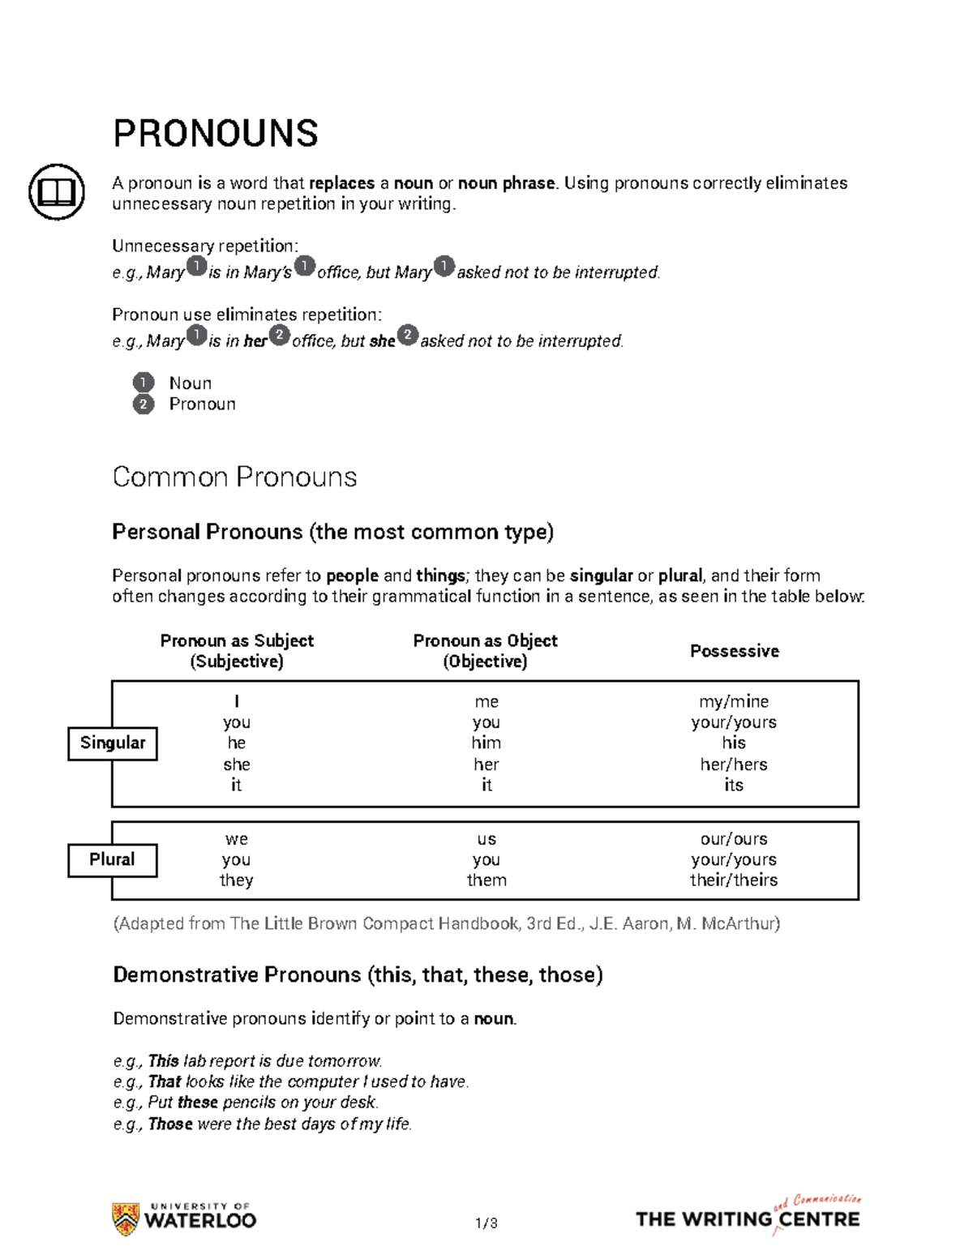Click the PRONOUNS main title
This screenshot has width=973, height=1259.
(216, 134)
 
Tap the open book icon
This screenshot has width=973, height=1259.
(57, 192)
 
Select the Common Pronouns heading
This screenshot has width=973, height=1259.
(234, 477)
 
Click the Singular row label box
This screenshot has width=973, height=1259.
(112, 743)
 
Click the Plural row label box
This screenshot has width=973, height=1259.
(112, 860)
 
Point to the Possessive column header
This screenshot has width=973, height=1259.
(734, 651)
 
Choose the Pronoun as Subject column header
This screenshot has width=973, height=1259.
(237, 651)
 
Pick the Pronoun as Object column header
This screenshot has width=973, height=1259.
(485, 651)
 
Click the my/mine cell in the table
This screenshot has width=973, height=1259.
(734, 701)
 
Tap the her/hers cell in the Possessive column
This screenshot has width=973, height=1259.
(734, 764)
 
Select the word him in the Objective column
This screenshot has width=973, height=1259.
(486, 743)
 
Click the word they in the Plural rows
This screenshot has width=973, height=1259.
(236, 880)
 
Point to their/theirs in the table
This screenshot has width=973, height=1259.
(734, 880)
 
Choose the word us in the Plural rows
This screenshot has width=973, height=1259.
(486, 839)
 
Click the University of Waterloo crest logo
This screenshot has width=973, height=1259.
(126, 1219)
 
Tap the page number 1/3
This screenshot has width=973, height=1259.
(486, 1223)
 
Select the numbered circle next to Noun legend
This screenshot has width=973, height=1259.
(144, 383)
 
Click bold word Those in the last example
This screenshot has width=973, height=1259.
(170, 1124)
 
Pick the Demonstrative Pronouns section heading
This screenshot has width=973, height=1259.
(358, 974)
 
